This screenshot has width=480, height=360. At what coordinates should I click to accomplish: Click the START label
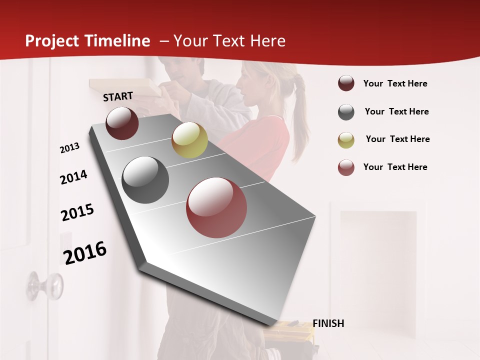pos(118,96)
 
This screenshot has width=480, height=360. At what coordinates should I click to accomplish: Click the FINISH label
pos(328,323)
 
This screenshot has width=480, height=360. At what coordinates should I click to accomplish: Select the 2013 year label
pos(69,148)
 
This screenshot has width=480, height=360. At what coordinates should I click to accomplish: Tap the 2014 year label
pos(73,177)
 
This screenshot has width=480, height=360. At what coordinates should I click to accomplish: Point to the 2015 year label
pos(77,212)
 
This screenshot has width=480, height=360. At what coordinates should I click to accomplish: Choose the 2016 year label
pos(85,252)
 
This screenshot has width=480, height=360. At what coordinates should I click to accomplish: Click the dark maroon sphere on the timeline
pos(122,123)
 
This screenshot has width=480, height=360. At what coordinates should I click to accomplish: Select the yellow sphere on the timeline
pos(189,140)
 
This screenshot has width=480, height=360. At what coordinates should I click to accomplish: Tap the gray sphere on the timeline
pos(145,180)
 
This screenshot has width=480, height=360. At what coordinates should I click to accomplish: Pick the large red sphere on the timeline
pos(216,207)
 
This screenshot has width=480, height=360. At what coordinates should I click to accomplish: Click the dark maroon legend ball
pos(346,83)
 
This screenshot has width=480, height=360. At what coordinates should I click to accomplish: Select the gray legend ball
pos(346,112)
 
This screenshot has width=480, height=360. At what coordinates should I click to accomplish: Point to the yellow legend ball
pos(346,139)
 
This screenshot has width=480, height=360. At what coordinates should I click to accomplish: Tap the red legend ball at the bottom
pos(346,167)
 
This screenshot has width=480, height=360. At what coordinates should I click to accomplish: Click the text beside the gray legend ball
pos(396,111)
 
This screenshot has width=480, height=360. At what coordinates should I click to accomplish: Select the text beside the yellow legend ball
pos(397,139)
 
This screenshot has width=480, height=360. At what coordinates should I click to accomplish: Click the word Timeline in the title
pos(117,41)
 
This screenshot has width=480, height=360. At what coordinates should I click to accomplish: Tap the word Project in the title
pos(52,41)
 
